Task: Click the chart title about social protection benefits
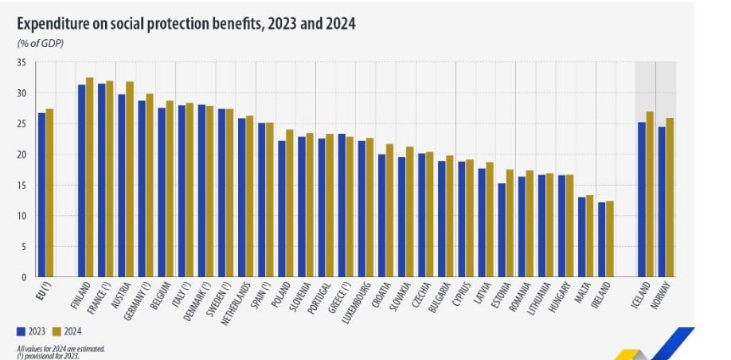[x=186, y=24]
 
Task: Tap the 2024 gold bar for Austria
[x=130, y=178]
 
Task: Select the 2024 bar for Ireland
[x=610, y=238]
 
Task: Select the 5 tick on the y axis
[x=24, y=246]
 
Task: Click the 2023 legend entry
[x=31, y=331]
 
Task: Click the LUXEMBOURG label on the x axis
[x=354, y=302]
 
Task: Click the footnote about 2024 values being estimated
[x=61, y=348]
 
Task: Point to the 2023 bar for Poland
[x=282, y=209]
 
